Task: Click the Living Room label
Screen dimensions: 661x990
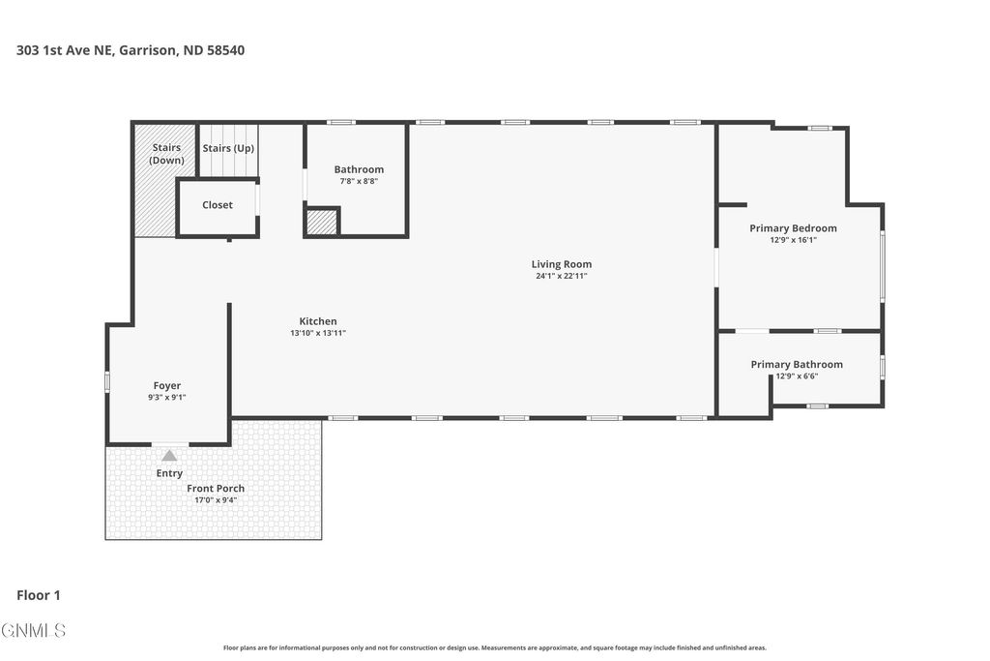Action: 561,264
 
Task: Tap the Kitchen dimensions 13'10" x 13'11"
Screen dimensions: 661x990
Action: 317,333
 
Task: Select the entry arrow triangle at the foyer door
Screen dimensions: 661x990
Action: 169,455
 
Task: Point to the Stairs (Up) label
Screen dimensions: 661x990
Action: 228,148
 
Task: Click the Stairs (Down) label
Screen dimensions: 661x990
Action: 166,154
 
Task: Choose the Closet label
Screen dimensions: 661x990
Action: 218,205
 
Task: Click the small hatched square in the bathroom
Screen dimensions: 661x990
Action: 322,223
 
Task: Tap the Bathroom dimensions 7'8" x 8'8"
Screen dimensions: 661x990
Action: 359,181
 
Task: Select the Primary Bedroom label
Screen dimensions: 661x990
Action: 793,228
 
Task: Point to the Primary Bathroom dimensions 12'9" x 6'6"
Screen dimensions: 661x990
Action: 797,376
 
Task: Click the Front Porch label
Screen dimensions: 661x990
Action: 216,489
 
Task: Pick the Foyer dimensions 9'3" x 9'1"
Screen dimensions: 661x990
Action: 167,397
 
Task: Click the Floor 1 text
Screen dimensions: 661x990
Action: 39,596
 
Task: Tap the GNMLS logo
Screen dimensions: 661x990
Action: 34,631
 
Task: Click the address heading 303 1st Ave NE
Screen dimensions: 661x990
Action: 130,50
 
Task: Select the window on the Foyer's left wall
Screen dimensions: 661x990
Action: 107,382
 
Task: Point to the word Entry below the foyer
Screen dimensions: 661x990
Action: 169,473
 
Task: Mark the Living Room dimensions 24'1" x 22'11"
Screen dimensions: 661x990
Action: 561,276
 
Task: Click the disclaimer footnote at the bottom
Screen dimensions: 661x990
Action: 494,648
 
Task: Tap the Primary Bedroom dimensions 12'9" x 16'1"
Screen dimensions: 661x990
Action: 793,240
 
